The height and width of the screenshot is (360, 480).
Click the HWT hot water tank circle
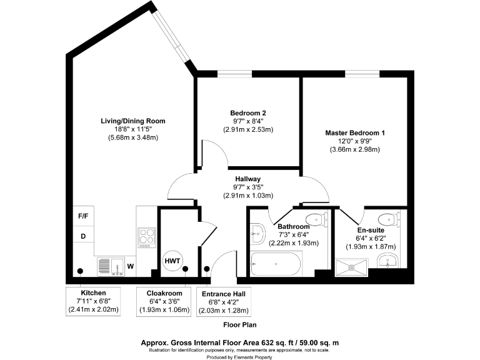click(172, 260)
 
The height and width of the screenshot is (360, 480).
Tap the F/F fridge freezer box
click(82, 217)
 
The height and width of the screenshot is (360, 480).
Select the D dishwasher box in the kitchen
click(82, 236)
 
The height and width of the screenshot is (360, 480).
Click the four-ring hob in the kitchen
click(146, 237)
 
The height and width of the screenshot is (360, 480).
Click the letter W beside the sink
click(130, 266)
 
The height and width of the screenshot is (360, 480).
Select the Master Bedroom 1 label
click(355, 132)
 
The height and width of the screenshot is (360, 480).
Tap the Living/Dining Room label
click(133, 121)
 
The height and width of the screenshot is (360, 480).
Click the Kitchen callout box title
click(92, 292)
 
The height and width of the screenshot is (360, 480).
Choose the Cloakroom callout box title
click(164, 292)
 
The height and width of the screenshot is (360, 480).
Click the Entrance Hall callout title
click(224, 293)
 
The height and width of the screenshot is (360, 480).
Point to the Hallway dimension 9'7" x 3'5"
click(248, 187)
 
